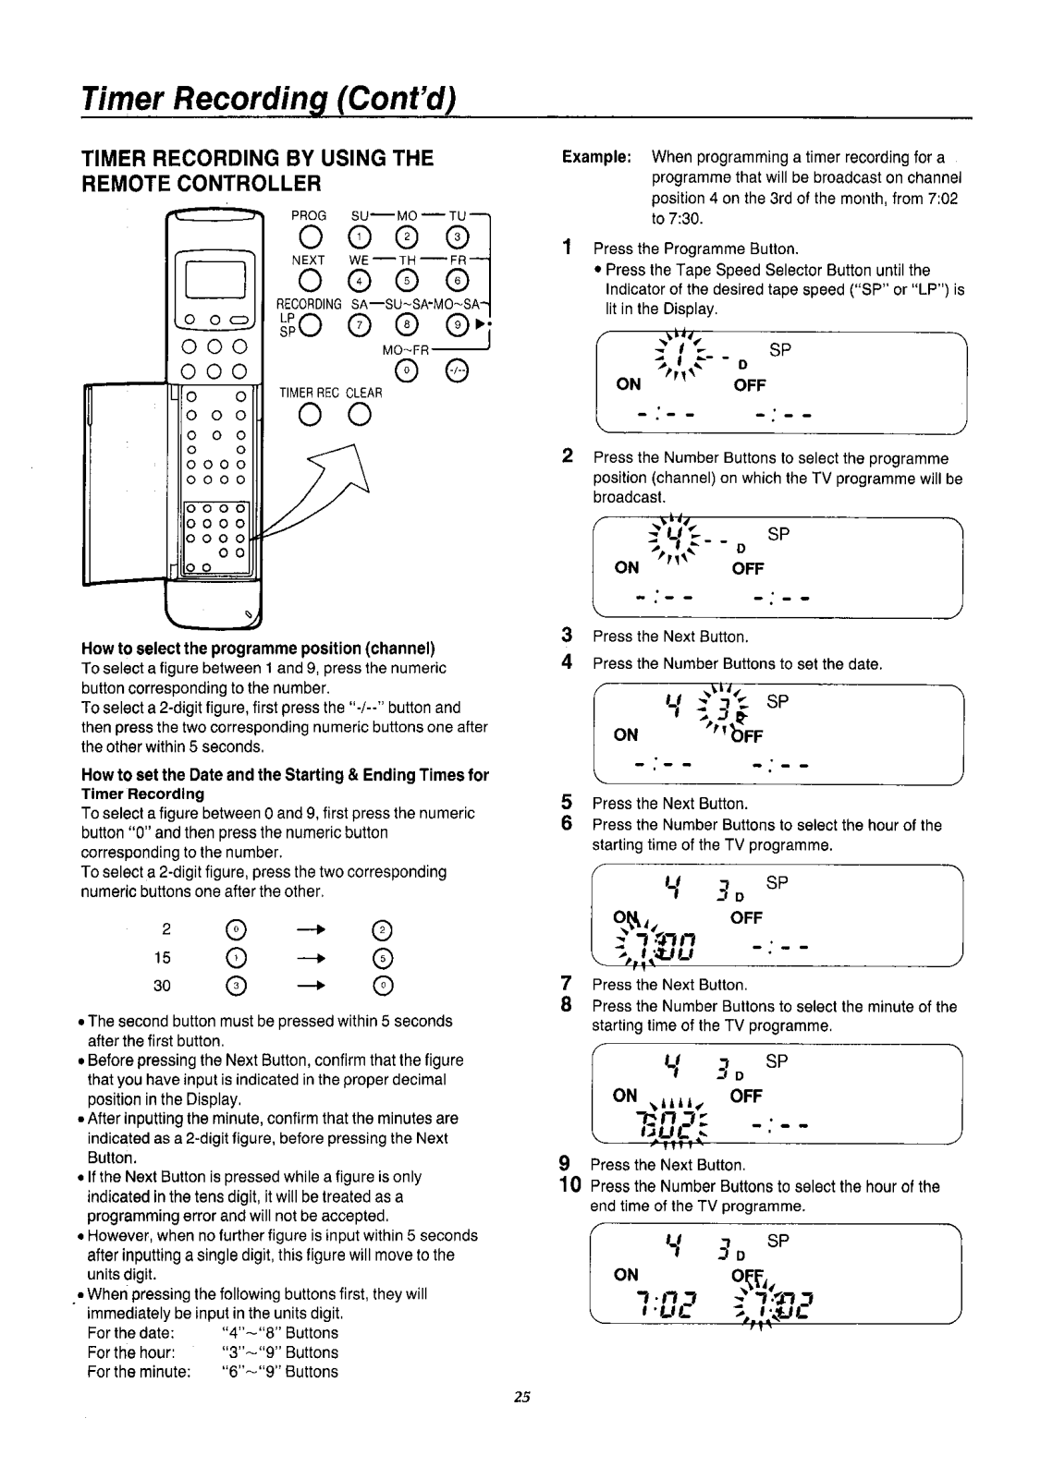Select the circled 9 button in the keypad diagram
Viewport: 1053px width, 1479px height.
click(x=455, y=325)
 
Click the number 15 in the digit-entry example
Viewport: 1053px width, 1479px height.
click(x=163, y=957)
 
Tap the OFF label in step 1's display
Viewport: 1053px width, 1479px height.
click(x=749, y=385)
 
